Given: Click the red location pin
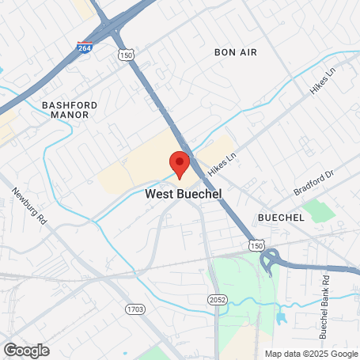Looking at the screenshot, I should (180, 163).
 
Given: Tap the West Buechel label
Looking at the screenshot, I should (183, 194).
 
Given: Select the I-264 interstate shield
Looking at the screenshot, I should (84, 48).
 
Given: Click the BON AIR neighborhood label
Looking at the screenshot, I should (236, 52).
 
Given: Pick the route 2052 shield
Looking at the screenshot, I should (217, 297).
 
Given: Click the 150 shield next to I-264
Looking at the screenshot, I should (124, 55).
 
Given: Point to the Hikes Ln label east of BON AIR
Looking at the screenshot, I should (323, 81).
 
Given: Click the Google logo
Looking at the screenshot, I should (26, 350).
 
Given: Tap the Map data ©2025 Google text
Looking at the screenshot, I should (310, 354).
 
